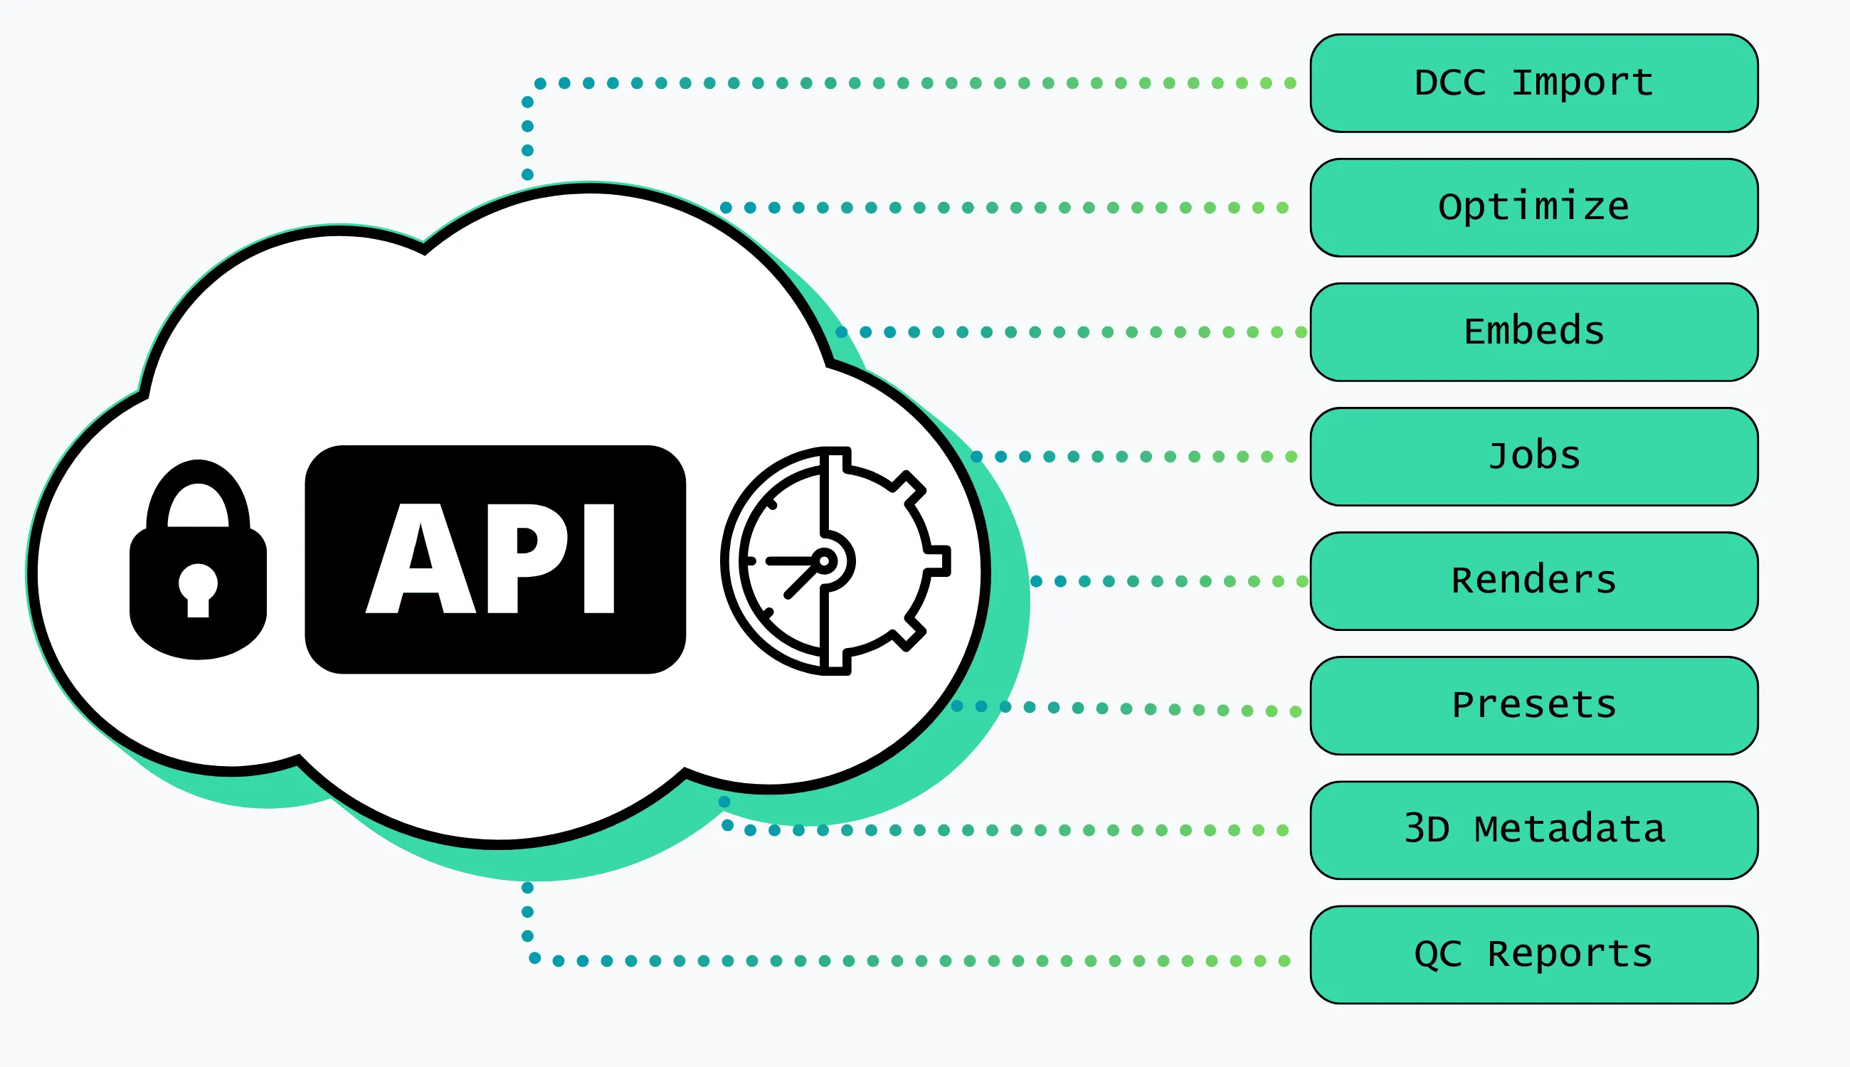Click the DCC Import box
(x=1533, y=83)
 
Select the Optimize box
(x=1533, y=208)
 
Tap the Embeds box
(x=1533, y=332)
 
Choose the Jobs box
(x=1533, y=457)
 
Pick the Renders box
(x=1533, y=581)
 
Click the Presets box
(x=1533, y=706)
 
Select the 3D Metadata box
(x=1533, y=830)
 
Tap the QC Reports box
(x=1533, y=955)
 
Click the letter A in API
(x=420, y=558)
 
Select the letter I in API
(x=599, y=558)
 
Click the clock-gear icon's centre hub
(x=824, y=561)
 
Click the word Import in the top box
(x=1582, y=83)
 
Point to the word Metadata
(x=1569, y=829)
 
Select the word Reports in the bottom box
(x=1570, y=954)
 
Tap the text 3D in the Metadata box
(x=1427, y=829)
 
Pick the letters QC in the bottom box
(x=1438, y=954)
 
